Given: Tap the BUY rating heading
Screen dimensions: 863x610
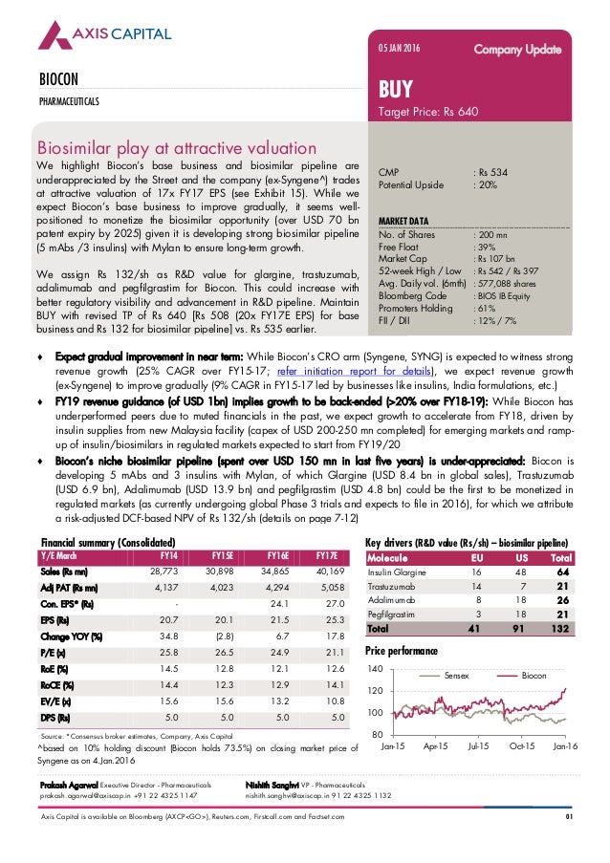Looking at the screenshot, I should (396, 90).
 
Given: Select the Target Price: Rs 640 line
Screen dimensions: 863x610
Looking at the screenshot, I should (428, 112).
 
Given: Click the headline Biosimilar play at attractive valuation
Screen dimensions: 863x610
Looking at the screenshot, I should (176, 148).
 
